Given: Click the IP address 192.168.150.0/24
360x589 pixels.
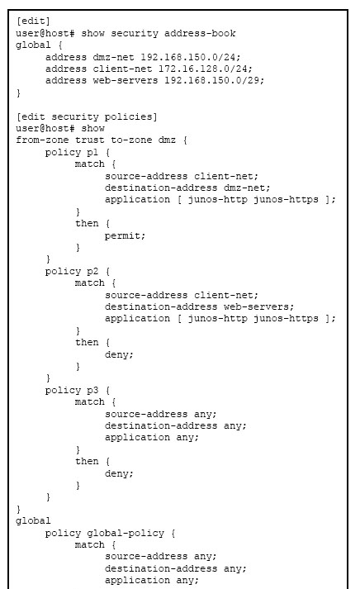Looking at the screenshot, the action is pos(191,57).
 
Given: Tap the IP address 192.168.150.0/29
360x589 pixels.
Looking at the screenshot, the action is pos(214,81).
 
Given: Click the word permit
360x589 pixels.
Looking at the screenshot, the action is pos(125,236).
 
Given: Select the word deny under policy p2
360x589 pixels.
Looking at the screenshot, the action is pos(119,354).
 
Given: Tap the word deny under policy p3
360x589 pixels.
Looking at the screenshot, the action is pos(119,473).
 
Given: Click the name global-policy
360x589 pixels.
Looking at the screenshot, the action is pos(126,534).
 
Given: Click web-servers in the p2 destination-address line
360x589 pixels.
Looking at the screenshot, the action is pos(258,307).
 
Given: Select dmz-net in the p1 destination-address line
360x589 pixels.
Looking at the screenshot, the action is pos(247,188).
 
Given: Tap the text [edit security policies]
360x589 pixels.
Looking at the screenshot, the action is pos(87,116).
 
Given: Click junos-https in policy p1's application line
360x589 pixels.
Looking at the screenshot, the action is pos(286,200).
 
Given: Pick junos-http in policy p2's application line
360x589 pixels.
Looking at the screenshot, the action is pos(217,319).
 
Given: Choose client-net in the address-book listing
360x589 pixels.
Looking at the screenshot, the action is pos(122,69).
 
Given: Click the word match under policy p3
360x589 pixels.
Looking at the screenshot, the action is pos(89,402).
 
